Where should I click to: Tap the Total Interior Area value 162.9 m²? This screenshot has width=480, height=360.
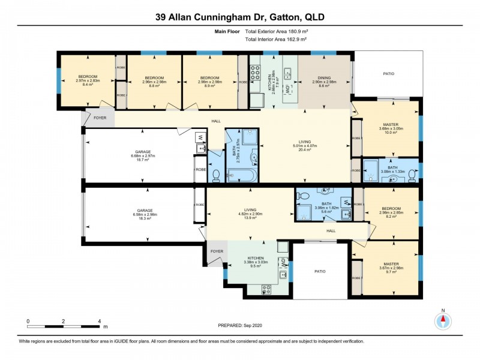click(294, 39)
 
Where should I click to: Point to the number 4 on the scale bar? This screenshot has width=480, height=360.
click(99, 321)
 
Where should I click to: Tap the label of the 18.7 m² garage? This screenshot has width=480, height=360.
click(143, 152)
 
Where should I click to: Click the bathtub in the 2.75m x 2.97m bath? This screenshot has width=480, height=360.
click(242, 176)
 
